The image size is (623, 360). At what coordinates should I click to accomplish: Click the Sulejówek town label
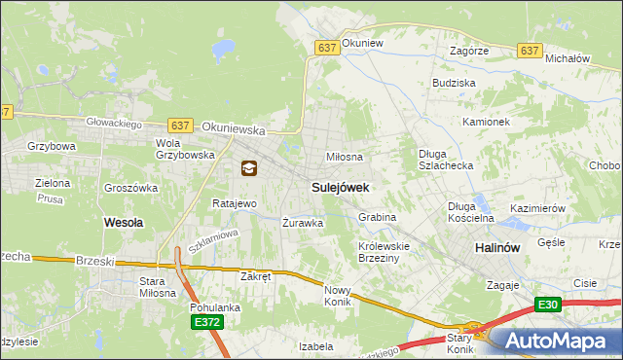(x=340, y=186)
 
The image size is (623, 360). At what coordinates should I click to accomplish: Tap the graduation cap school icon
(x=249, y=168)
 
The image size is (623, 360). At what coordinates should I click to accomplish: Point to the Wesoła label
(x=124, y=222)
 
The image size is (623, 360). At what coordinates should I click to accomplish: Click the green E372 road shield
(x=205, y=322)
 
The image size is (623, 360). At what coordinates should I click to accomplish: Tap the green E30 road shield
(x=548, y=305)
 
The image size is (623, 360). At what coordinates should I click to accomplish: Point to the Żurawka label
(x=302, y=222)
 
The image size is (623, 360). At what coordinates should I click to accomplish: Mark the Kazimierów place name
(x=537, y=209)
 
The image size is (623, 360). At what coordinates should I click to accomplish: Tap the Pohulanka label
(x=215, y=307)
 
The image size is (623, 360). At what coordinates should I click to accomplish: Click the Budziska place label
(x=454, y=84)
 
